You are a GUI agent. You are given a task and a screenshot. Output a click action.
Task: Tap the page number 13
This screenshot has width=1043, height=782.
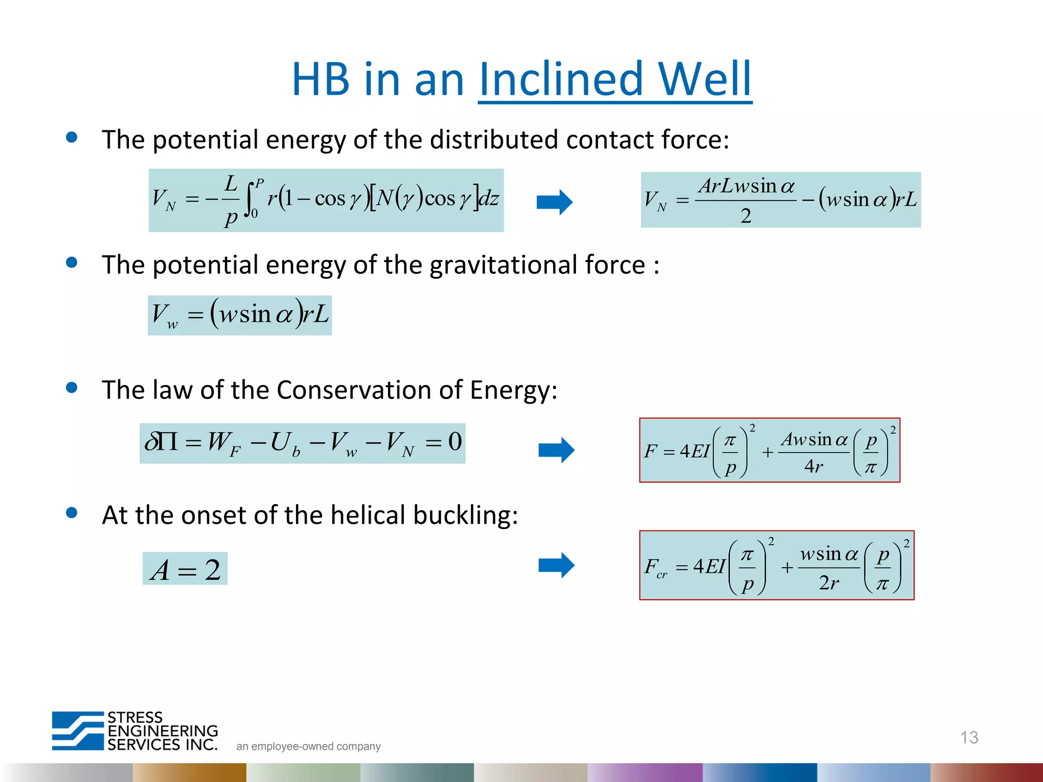coord(969,737)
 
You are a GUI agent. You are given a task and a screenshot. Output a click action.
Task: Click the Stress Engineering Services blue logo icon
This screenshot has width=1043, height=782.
coord(78,731)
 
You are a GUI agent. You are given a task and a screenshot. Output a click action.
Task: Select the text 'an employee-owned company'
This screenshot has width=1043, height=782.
coord(308,746)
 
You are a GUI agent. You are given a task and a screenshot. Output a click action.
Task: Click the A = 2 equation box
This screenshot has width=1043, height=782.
coord(185,569)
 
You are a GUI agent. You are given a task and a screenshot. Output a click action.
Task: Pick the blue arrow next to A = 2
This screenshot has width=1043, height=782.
coord(556,565)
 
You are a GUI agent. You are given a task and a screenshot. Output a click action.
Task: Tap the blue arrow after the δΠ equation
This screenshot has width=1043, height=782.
coord(556,450)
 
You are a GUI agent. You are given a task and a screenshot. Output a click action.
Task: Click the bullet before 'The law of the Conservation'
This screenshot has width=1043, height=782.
coord(72,388)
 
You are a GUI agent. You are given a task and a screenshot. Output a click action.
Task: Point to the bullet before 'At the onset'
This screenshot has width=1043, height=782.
coord(72,513)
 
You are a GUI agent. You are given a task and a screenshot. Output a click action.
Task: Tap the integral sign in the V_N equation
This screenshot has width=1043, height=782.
coord(250,199)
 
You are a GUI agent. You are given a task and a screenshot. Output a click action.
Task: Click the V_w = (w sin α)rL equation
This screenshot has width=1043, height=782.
coord(240,315)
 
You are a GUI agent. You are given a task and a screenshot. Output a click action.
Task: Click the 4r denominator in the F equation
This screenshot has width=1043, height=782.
coord(813,466)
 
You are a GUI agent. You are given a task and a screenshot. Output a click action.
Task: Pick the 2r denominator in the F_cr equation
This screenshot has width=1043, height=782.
coord(829,582)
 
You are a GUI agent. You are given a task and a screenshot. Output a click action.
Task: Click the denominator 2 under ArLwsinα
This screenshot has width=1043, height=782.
coord(746,216)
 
